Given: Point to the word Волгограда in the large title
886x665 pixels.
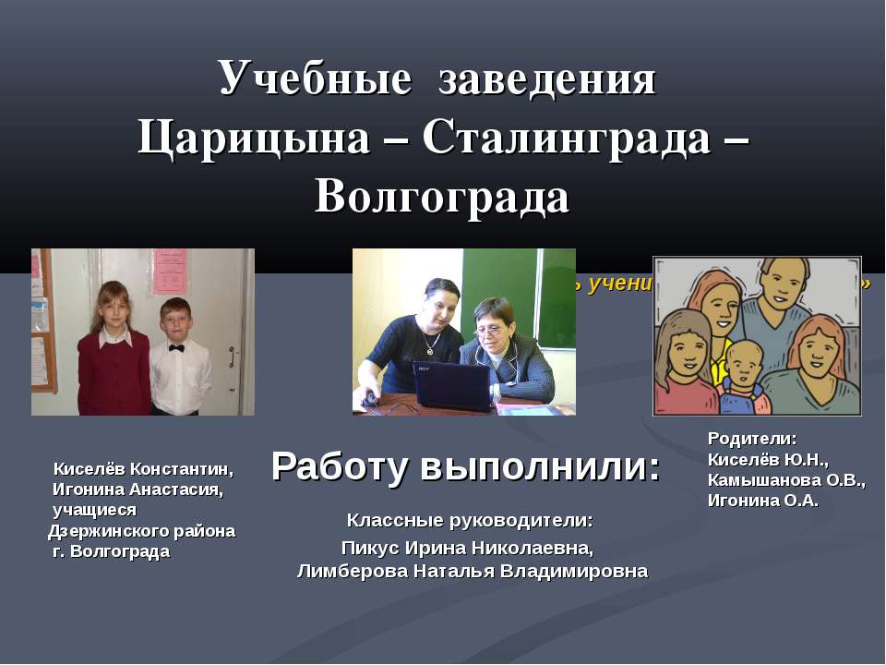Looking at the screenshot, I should pyautogui.click(x=441, y=197).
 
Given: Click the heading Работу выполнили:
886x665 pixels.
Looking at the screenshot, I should pyautogui.click(x=466, y=468).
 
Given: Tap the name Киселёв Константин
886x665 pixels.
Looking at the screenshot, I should pyautogui.click(x=143, y=468).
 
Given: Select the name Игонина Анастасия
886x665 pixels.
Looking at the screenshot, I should pyautogui.click(x=138, y=489).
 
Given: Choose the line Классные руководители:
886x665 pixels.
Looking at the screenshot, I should pyautogui.click(x=470, y=522).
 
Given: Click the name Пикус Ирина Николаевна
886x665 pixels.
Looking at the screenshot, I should pyautogui.click(x=469, y=548).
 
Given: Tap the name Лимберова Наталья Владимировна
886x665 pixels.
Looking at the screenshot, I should pyautogui.click(x=472, y=572).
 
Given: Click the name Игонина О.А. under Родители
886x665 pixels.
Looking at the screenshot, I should pyautogui.click(x=763, y=501).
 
